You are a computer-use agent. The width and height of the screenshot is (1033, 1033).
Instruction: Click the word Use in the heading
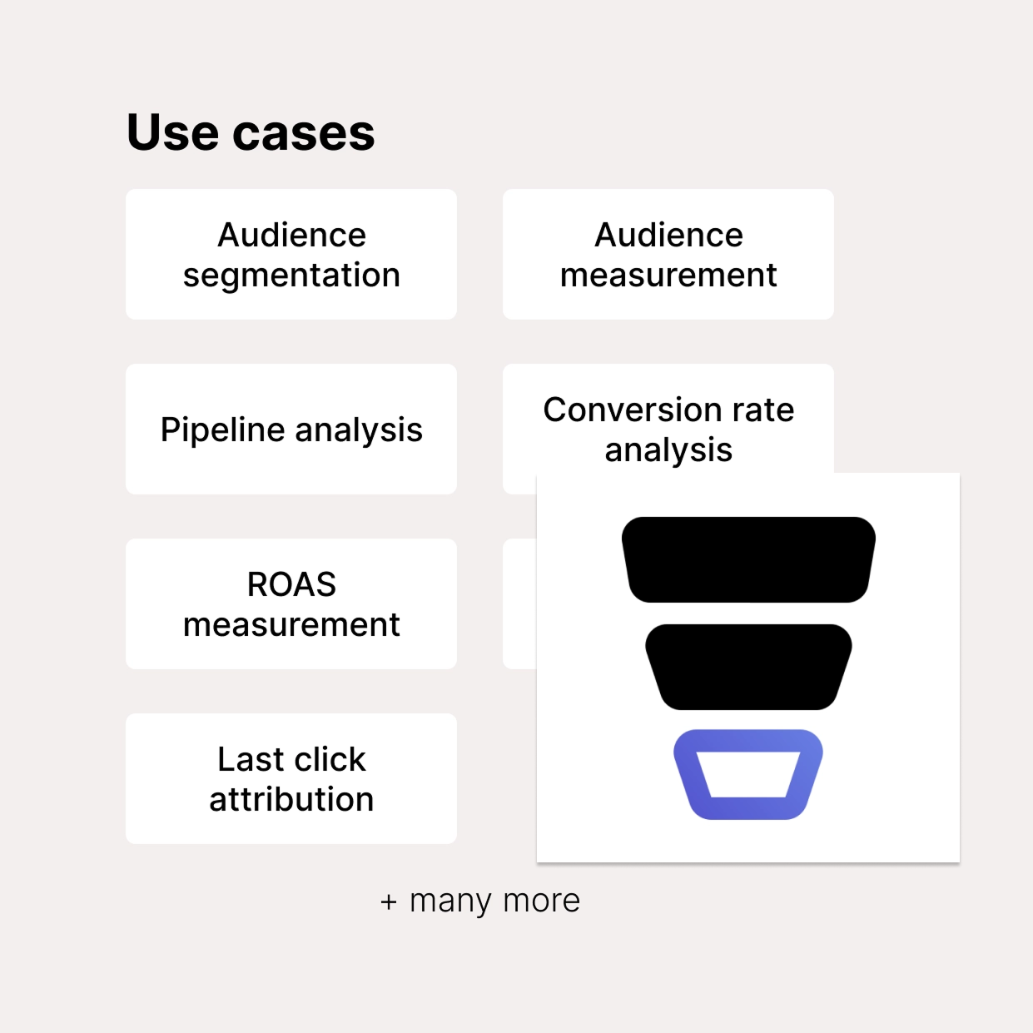pos(172,132)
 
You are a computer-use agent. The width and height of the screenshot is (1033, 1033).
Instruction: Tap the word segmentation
pos(291,276)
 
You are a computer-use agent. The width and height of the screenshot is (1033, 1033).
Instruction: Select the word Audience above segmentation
pos(291,235)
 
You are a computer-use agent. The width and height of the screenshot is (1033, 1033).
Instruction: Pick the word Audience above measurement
pos(668,235)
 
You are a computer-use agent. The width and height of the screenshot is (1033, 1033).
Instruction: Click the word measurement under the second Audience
pos(668,275)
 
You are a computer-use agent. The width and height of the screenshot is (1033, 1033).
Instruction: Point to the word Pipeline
pos(223,430)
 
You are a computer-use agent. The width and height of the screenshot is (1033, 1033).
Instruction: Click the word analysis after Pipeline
pos(359,430)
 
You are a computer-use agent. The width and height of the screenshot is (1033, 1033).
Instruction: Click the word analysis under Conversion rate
pos(668,450)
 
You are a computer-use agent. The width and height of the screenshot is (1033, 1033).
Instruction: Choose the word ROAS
pos(291,584)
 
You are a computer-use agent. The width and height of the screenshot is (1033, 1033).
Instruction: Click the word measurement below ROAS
pos(291,624)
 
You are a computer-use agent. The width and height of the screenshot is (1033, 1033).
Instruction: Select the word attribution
pos(291,799)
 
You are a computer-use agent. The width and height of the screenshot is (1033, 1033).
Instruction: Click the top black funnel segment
pos(748,559)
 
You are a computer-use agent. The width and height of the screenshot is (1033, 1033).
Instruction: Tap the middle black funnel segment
pos(748,667)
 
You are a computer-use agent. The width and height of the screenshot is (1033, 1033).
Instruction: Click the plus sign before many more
pos(389,902)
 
